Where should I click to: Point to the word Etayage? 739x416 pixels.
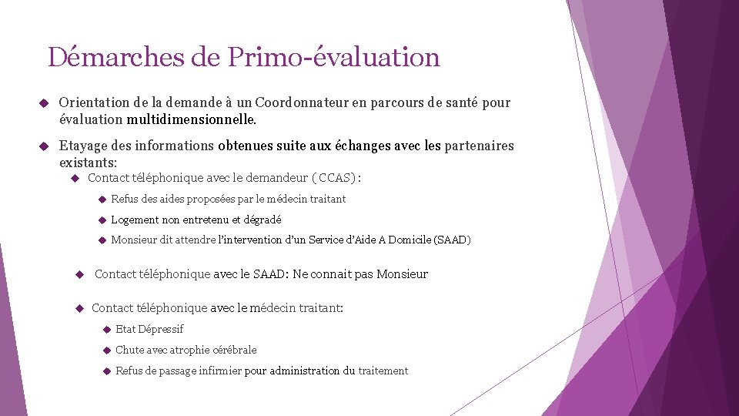84,146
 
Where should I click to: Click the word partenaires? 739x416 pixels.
479,146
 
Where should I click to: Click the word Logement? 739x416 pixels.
135,220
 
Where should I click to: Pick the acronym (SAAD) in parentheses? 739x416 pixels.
452,240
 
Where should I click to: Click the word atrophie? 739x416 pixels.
193,350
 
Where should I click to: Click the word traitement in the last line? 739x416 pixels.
383,371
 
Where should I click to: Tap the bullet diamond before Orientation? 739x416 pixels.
44,102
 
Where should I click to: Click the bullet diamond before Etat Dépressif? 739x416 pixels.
107,329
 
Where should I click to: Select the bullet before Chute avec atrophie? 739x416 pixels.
107,350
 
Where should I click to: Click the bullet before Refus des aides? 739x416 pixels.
102,199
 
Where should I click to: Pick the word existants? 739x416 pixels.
88,163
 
